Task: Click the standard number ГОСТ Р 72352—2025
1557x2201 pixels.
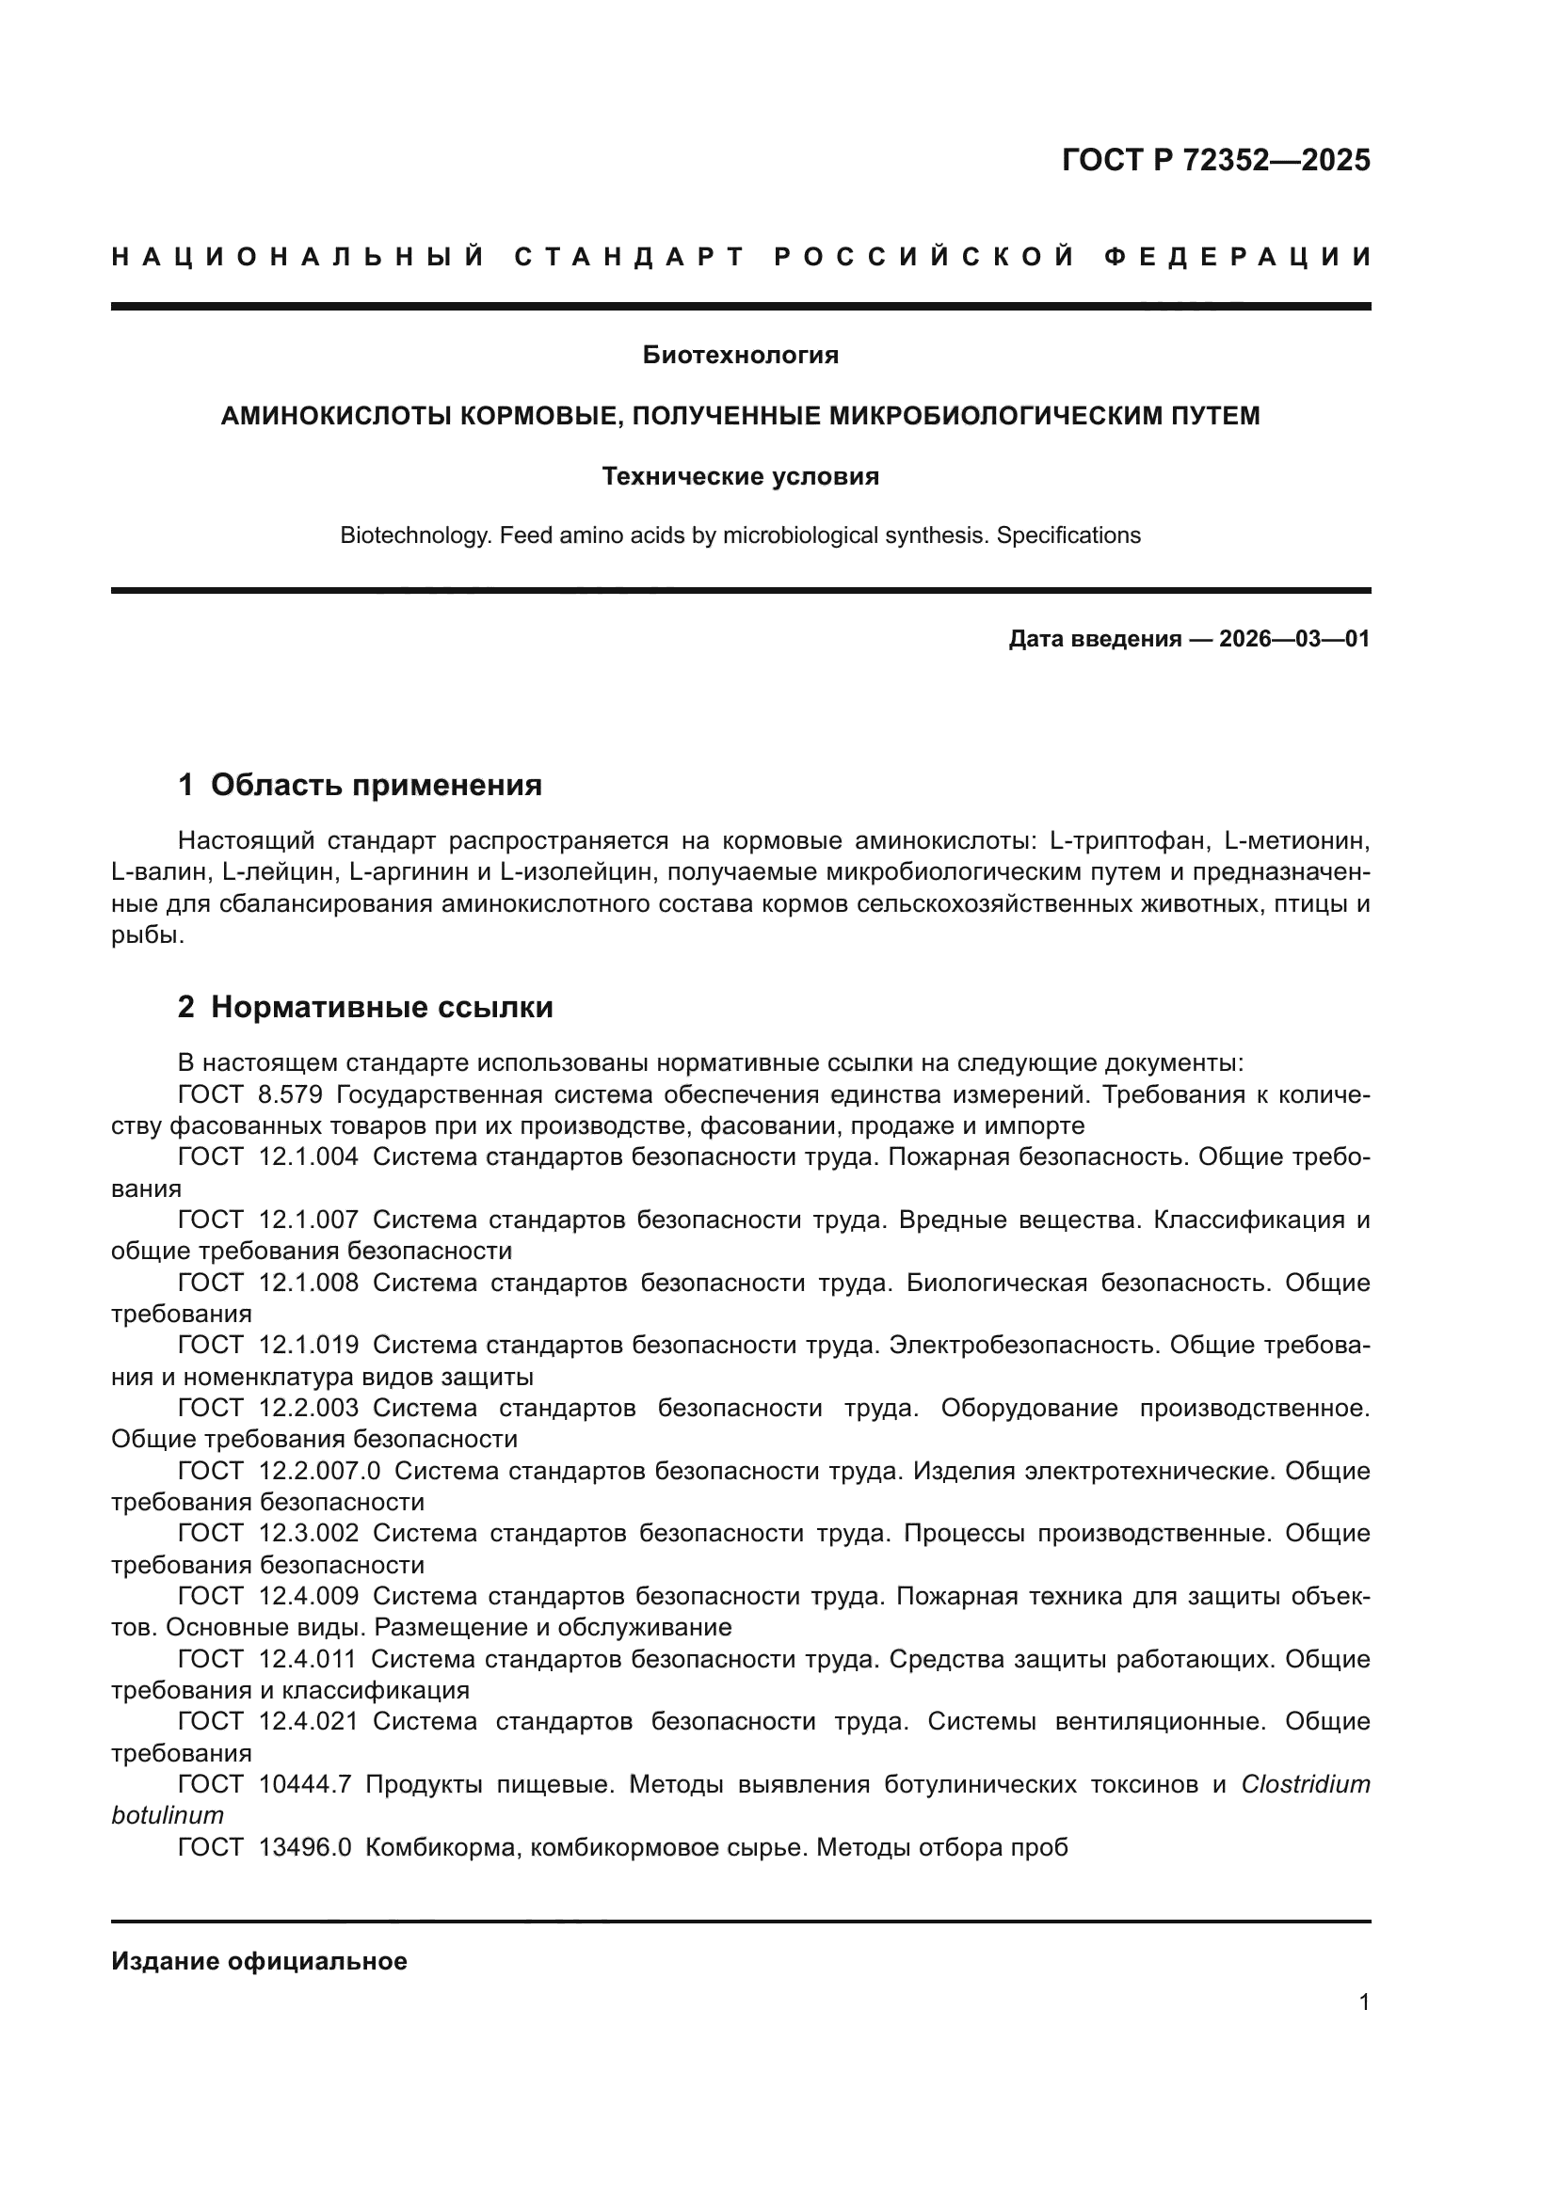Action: tap(1215, 160)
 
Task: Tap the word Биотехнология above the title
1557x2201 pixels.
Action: tap(740, 356)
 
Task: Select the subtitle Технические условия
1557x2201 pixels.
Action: tap(740, 476)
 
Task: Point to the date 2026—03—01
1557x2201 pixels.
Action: tap(1294, 639)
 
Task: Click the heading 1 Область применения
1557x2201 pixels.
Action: tap(361, 785)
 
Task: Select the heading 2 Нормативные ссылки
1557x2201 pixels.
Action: tap(365, 1008)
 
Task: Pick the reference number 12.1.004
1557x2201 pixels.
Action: tap(309, 1157)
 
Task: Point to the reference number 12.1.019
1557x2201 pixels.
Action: tap(309, 1345)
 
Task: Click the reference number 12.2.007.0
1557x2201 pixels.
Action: tap(320, 1471)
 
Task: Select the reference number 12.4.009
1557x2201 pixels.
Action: tap(309, 1596)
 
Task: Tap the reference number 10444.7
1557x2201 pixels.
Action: tap(305, 1785)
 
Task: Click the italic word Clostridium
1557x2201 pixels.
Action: tap(1305, 1785)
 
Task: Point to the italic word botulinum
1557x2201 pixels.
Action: tap(168, 1815)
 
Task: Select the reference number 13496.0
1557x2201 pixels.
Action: tap(305, 1847)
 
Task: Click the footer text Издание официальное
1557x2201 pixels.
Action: tap(259, 1961)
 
